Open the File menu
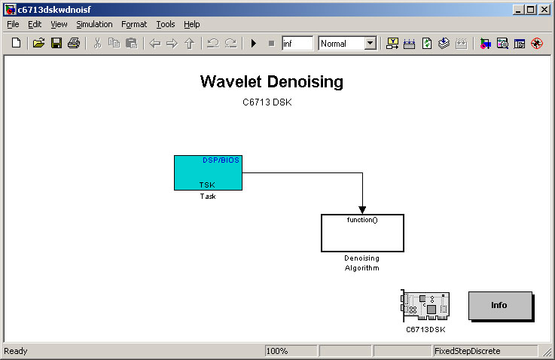click(x=13, y=24)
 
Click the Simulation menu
click(x=94, y=24)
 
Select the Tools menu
click(x=166, y=24)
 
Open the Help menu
click(x=192, y=24)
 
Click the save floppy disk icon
click(x=56, y=43)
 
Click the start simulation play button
click(x=254, y=43)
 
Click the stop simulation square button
click(x=272, y=43)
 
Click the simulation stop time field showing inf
click(x=297, y=43)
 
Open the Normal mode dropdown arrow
click(x=371, y=43)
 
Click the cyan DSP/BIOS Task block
click(x=208, y=172)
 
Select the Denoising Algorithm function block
click(x=362, y=233)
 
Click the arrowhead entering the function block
click(x=362, y=210)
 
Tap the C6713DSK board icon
click(x=425, y=306)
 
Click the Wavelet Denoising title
click(x=272, y=81)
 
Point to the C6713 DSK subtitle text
click(x=267, y=102)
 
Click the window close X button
click(x=544, y=10)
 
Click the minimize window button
click(x=518, y=10)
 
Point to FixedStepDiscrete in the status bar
click(x=467, y=351)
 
